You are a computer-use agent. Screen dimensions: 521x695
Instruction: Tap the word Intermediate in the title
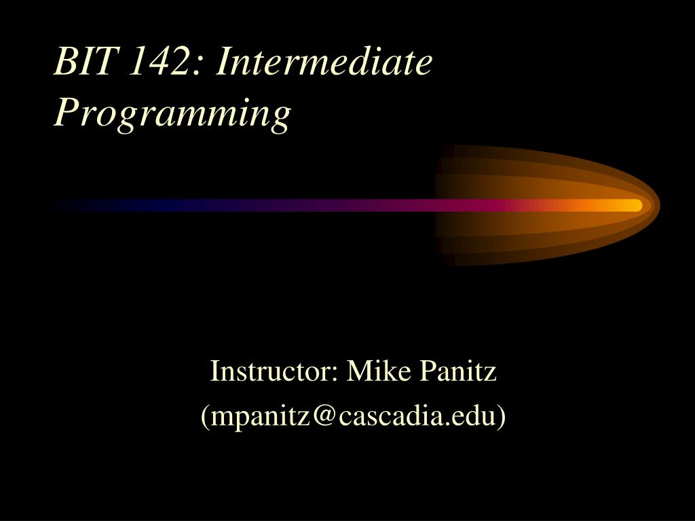point(326,63)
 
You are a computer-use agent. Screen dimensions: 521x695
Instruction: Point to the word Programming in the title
point(172,113)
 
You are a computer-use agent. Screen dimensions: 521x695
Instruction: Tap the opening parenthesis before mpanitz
point(205,417)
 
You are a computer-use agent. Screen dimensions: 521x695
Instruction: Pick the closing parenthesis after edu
point(502,417)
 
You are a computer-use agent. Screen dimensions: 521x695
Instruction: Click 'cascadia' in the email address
point(391,416)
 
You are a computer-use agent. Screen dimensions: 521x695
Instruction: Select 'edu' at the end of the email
point(474,416)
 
